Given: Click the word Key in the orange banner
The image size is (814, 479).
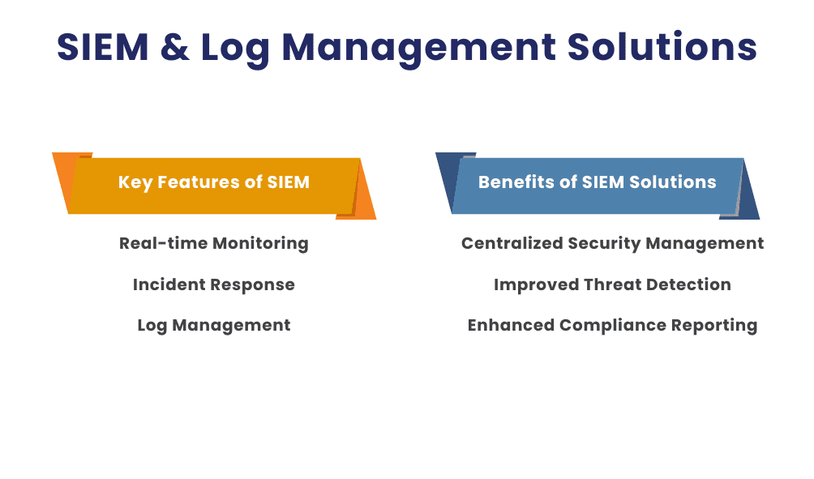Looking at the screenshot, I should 135,182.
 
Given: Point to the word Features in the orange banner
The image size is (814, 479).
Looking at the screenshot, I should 200,182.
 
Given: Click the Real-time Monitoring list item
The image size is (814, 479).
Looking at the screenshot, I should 213,243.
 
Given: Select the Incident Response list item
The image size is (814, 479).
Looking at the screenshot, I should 213,284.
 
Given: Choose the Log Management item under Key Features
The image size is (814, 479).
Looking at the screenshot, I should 213,325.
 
